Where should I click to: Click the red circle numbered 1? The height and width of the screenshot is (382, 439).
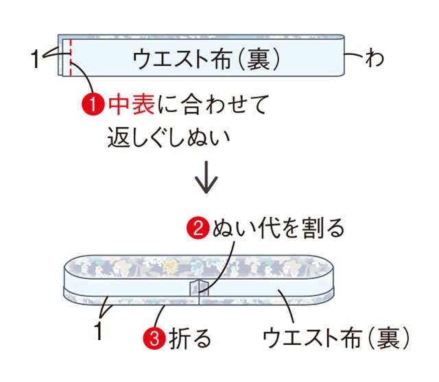pos(93,104)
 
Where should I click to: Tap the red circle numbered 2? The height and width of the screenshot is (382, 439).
pos(198,228)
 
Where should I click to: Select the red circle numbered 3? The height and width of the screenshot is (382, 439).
pos(154,338)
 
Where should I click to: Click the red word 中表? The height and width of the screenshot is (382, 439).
pos(131,104)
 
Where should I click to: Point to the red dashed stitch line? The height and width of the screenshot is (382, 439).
pos(71,58)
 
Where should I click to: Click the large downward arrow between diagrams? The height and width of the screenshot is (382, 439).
pos(206,177)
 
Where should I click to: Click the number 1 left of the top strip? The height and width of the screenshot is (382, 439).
pos(35,59)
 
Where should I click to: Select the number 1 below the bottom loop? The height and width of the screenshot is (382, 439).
pos(98,331)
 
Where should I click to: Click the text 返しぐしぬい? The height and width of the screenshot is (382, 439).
pos(169,137)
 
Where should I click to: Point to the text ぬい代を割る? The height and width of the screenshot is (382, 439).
pos(278,228)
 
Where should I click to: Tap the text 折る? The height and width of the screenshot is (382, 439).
pos(190,338)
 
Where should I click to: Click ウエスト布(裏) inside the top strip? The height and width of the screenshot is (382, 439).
pos(206,59)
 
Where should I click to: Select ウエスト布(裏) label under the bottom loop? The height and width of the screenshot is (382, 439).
pos(336,338)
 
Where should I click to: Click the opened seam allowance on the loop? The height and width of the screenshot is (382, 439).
pos(199,287)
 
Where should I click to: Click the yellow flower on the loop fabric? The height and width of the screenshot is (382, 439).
pos(169,265)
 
